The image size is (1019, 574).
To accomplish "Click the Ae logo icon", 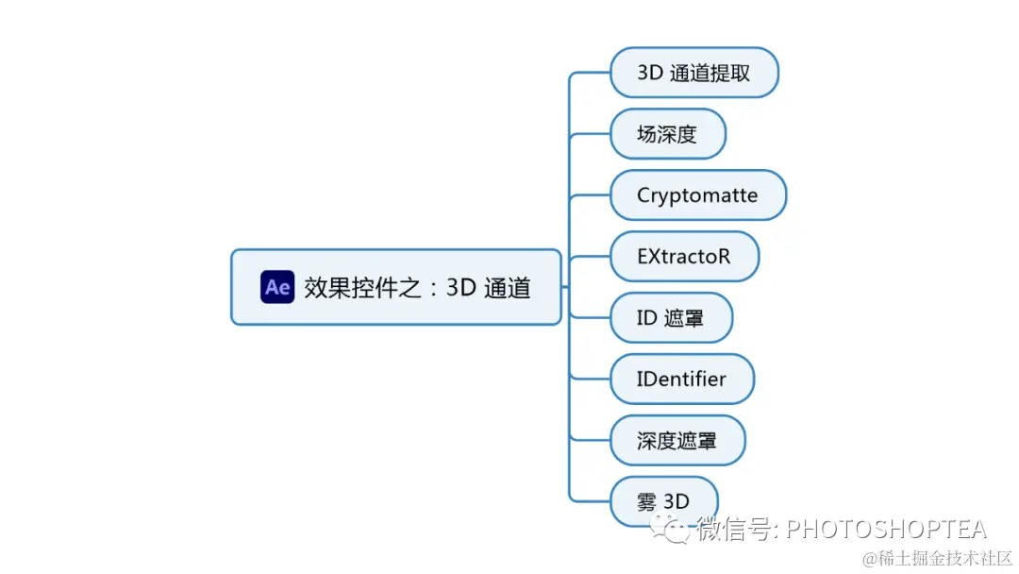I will pyautogui.click(x=277, y=287).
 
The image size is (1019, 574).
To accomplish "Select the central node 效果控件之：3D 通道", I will pyautogui.click(x=416, y=287).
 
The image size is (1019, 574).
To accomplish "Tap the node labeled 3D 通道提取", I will pyautogui.click(x=693, y=73).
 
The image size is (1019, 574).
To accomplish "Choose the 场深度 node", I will pyautogui.click(x=667, y=134).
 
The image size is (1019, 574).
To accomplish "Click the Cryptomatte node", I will pyautogui.click(x=697, y=195).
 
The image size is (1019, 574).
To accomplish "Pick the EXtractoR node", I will pyautogui.click(x=683, y=256).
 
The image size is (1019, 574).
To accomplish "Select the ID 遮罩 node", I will pyautogui.click(x=671, y=317).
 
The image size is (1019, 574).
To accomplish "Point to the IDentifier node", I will pyautogui.click(x=681, y=379).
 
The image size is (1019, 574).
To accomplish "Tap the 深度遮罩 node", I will pyautogui.click(x=677, y=440).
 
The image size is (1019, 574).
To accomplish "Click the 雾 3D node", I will pyautogui.click(x=663, y=501).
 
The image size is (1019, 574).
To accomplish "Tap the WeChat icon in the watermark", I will pyautogui.click(x=676, y=530).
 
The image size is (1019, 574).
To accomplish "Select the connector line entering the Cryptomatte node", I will pyautogui.click(x=592, y=195).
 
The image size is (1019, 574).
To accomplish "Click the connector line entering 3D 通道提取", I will pyautogui.click(x=592, y=73).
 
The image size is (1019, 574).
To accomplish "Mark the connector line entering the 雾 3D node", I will pyautogui.click(x=592, y=500).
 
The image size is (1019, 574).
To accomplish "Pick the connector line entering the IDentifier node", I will pyautogui.click(x=592, y=379).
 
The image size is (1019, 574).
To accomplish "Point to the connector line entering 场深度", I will pyautogui.click(x=592, y=134).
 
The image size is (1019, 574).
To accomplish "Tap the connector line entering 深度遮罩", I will pyautogui.click(x=592, y=440).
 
